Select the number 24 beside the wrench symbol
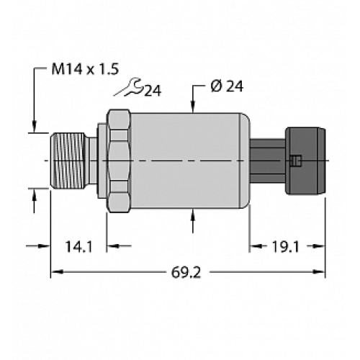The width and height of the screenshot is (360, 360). click(x=151, y=91)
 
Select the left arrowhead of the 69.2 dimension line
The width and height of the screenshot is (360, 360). click(x=55, y=273)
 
